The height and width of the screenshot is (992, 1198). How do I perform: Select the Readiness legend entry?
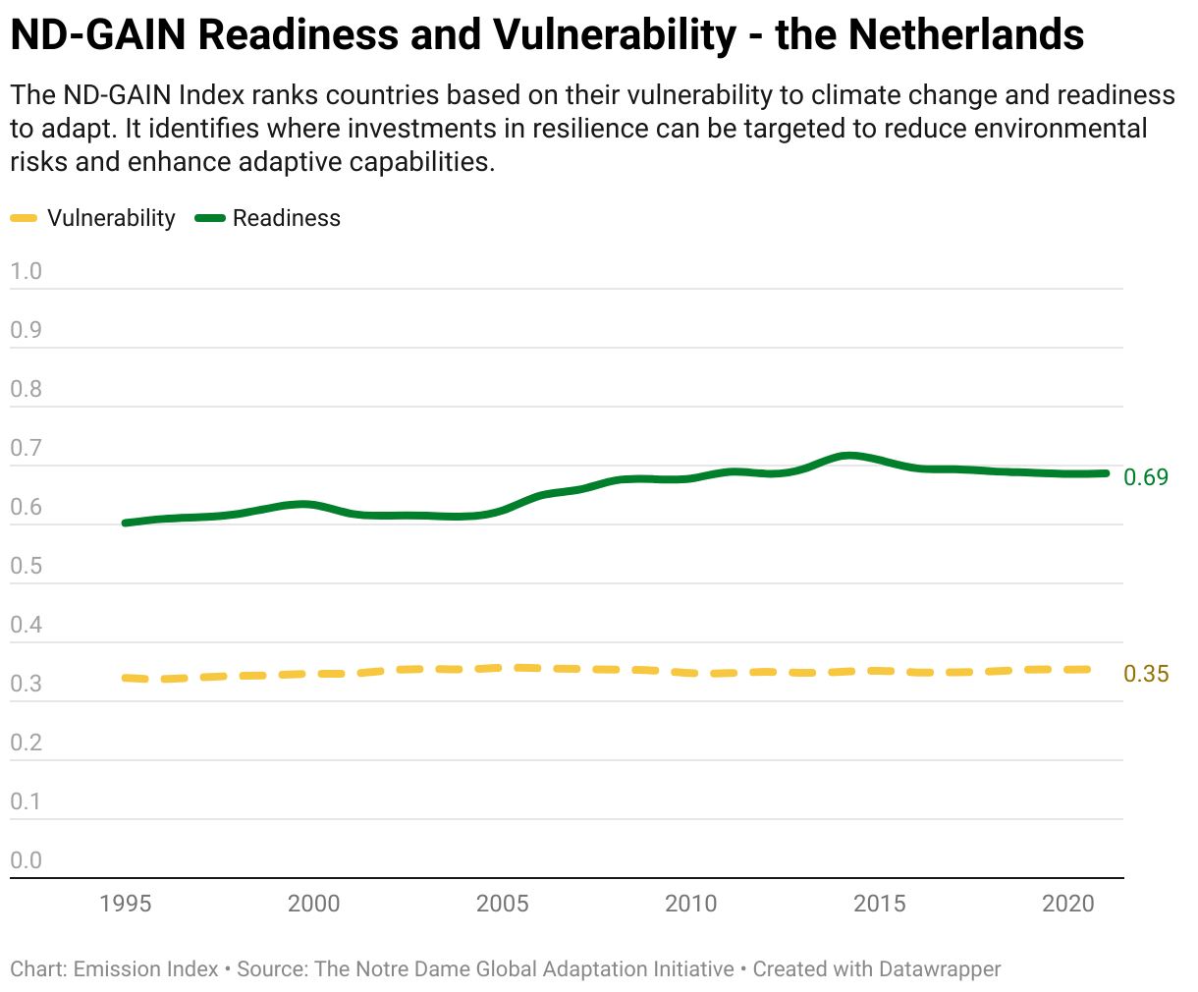(x=268, y=218)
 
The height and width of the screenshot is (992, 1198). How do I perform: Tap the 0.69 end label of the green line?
(x=1146, y=477)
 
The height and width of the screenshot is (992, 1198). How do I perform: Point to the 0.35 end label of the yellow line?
(x=1146, y=674)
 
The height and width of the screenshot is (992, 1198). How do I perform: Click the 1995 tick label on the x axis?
(x=125, y=904)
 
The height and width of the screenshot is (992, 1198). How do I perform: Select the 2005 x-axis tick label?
(x=502, y=904)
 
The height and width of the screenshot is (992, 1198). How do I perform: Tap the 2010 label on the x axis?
(x=690, y=904)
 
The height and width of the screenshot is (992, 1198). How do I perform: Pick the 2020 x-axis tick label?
(x=1068, y=904)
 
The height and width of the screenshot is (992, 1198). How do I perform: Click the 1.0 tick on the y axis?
(x=26, y=271)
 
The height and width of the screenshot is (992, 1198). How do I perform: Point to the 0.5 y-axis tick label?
(x=26, y=566)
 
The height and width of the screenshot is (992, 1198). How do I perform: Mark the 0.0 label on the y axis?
(x=26, y=860)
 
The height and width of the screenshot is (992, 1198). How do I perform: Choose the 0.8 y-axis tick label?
(x=26, y=389)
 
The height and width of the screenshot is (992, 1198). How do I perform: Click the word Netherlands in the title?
(x=966, y=34)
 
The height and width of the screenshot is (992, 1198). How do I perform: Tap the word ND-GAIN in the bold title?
(x=98, y=34)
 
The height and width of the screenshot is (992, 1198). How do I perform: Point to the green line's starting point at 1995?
(x=125, y=523)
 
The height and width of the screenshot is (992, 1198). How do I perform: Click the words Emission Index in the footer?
(x=145, y=969)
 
